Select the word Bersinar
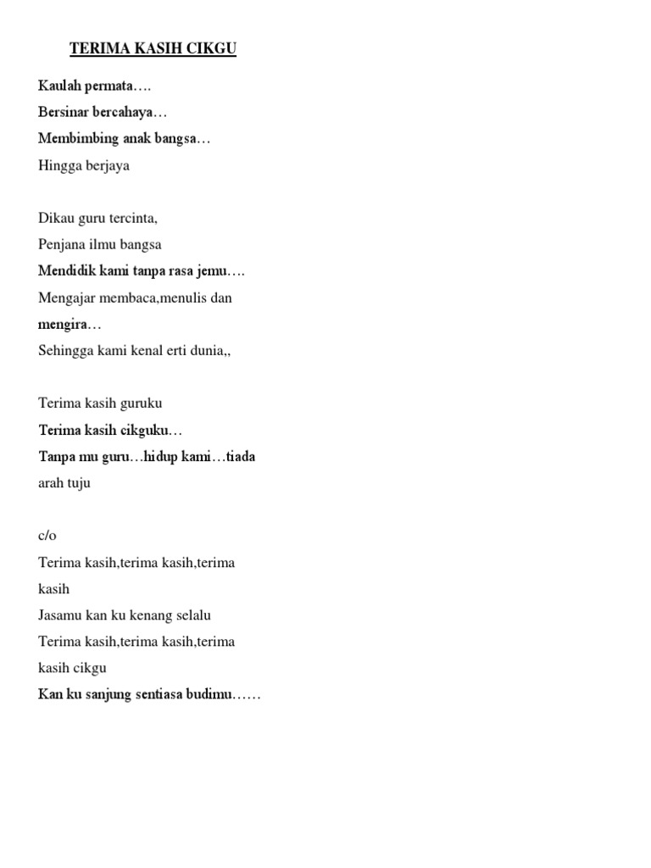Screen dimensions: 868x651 click(x=63, y=112)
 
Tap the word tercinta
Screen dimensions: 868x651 click(x=131, y=218)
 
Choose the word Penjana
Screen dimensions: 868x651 click(x=61, y=245)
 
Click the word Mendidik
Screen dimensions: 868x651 click(x=67, y=271)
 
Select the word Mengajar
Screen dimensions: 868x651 click(x=67, y=298)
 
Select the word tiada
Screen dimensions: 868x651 click(x=240, y=457)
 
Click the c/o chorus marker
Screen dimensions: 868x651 click(x=47, y=536)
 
